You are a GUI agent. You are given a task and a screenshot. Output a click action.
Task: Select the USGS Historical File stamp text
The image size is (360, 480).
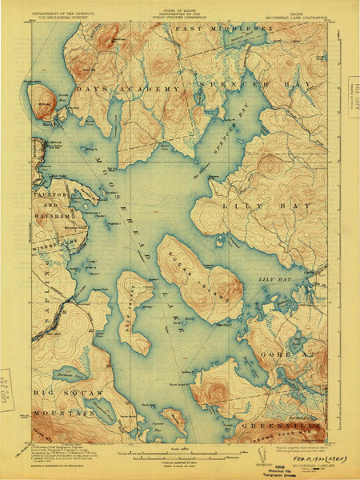(x=277, y=467)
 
